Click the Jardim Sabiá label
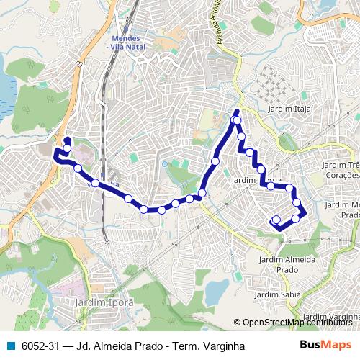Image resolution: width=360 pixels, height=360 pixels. click(277, 294)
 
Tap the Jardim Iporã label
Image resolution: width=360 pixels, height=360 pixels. click(104, 303)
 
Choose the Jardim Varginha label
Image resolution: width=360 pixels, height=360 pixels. click(331, 317)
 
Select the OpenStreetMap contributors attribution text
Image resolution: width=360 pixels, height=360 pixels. click(297, 323)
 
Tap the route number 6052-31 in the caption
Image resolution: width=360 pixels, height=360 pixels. click(40, 346)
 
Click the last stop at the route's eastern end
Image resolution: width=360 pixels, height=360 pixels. click(276, 220)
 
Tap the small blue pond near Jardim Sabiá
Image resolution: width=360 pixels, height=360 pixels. click(215, 292)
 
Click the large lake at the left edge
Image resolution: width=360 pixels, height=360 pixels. click(6, 90)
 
